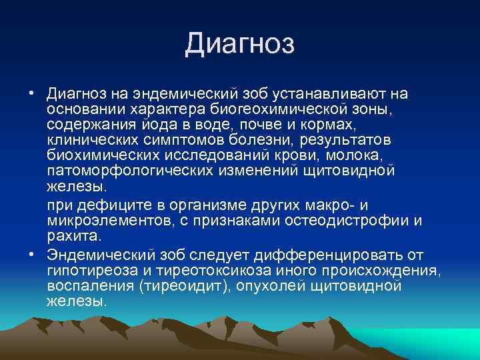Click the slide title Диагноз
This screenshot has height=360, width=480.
239,44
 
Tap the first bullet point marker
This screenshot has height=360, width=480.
32,93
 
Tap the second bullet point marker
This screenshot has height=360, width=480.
32,255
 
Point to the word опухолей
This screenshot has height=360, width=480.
279,286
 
